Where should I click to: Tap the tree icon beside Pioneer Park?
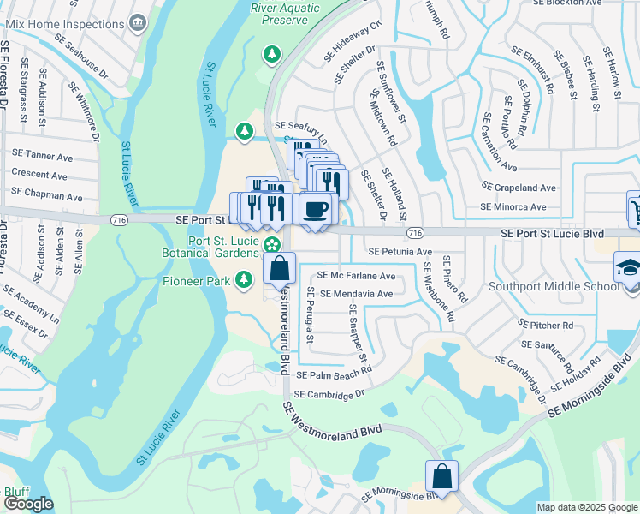coord(245,279)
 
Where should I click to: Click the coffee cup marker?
coord(315,209)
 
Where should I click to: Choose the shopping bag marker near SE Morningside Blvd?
coord(441,476)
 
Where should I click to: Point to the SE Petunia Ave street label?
coord(400,252)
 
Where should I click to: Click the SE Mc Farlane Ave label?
coord(356,276)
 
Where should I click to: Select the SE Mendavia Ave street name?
coord(356,294)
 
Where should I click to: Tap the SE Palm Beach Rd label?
coord(334,374)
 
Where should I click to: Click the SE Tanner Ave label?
coord(42,157)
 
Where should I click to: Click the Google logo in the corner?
coord(28,504)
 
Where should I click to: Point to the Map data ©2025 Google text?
coord(586,507)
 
